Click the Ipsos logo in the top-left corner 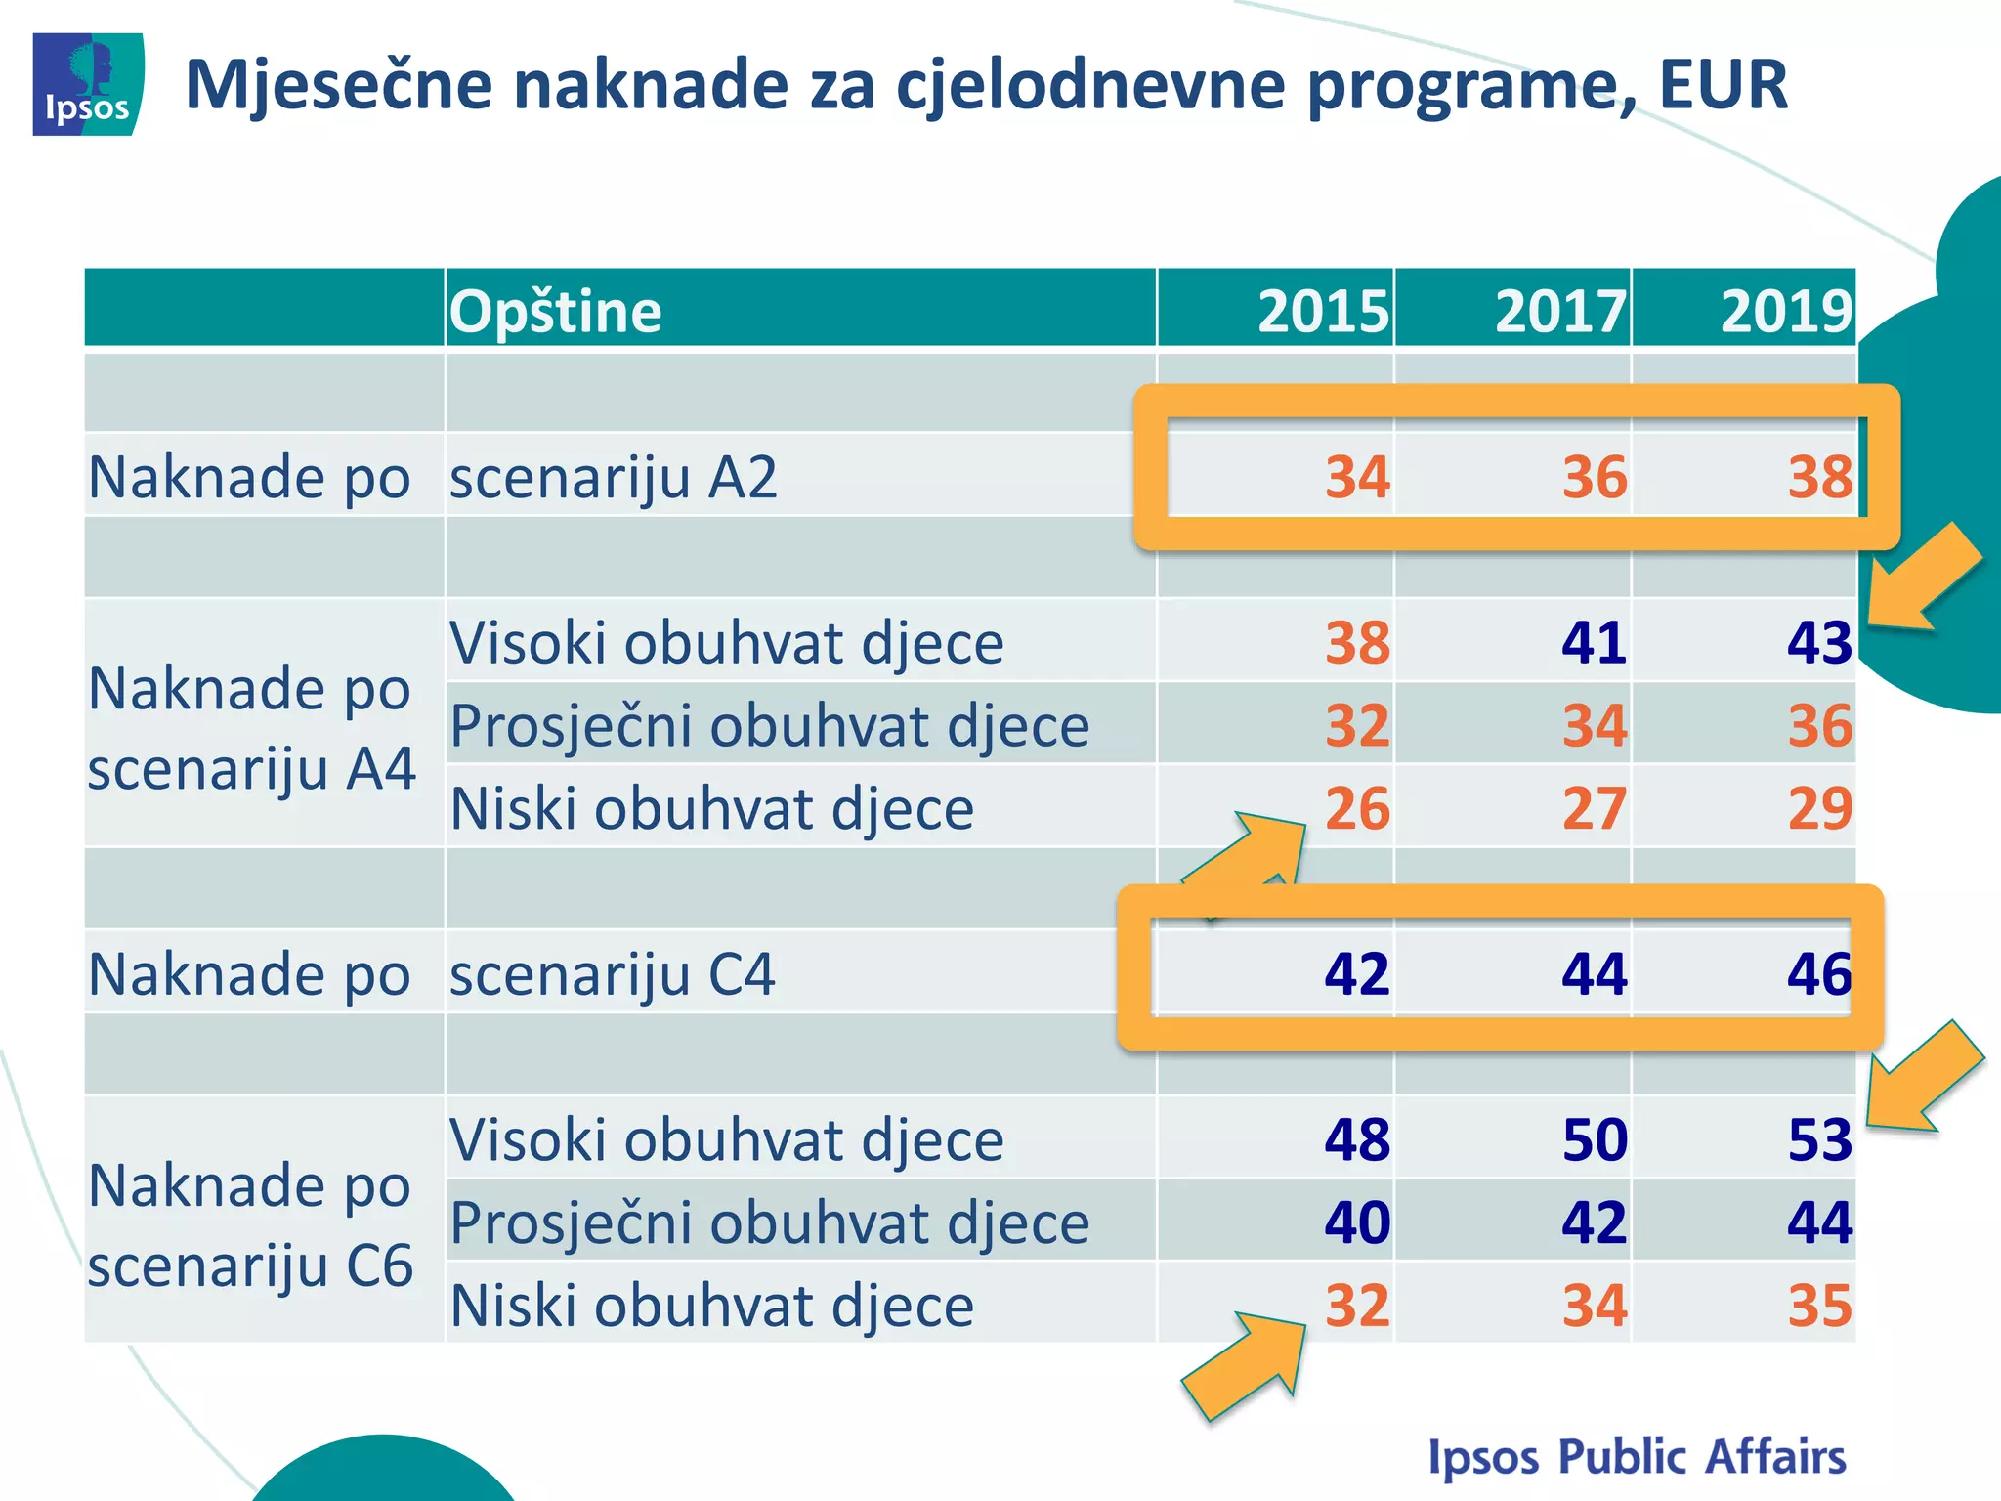tap(88, 84)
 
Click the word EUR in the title tap(1724, 86)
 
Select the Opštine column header tap(555, 312)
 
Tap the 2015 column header tap(1323, 312)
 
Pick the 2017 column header tap(1560, 312)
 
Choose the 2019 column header tap(1786, 312)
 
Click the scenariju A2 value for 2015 tap(1357, 478)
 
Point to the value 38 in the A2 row tap(1819, 478)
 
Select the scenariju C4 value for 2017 tap(1595, 974)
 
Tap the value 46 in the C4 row tap(1819, 974)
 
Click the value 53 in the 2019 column tap(1819, 1139)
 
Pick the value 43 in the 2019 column tap(1819, 643)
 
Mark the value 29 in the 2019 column tap(1819, 808)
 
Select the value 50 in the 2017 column tap(1595, 1139)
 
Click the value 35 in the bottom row tap(1819, 1306)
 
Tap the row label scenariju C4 tap(612, 974)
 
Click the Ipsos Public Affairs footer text tap(1637, 1456)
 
